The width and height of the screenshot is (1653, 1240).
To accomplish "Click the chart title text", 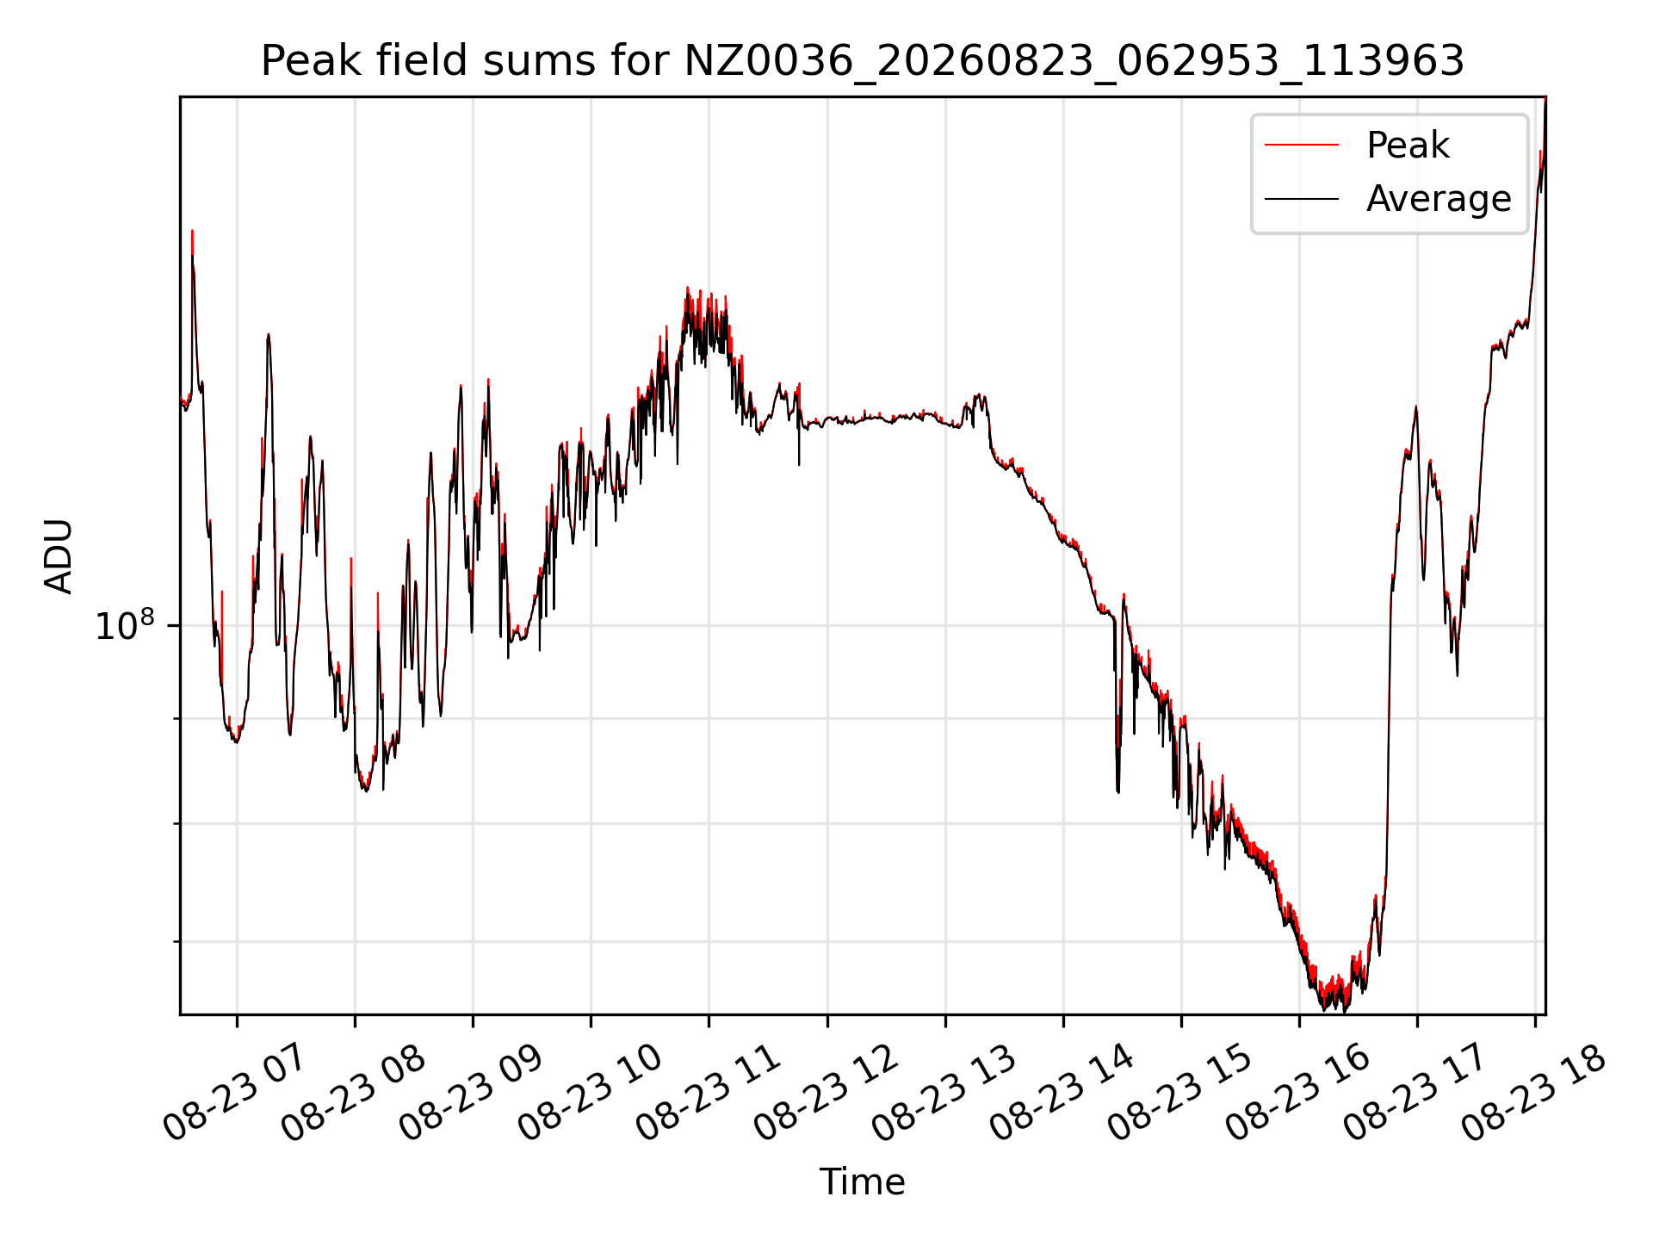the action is click(x=862, y=61).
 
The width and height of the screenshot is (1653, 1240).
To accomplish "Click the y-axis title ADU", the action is click(x=59, y=556).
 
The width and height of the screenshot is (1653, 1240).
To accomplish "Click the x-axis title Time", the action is click(x=862, y=1181).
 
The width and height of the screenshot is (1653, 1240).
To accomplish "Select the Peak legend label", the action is click(x=1408, y=145).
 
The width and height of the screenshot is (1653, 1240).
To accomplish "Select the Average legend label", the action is click(x=1439, y=198).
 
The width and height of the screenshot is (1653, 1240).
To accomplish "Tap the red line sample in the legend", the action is click(x=1302, y=145).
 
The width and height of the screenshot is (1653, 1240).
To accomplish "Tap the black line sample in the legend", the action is click(x=1302, y=199).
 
